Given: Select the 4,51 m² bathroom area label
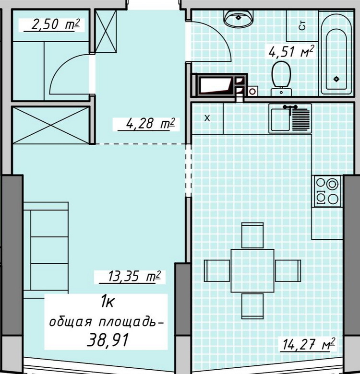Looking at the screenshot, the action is (x=291, y=51).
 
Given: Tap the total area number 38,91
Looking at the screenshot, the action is (x=108, y=339).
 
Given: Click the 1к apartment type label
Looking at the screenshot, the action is (x=108, y=302).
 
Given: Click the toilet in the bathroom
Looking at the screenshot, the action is (x=281, y=78).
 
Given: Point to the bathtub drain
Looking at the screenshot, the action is (x=336, y=79).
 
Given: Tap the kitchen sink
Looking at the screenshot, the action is (x=290, y=118).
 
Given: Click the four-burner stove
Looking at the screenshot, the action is (x=327, y=191).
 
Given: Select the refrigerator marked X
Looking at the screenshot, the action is (x=207, y=118).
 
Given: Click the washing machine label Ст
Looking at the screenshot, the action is (x=302, y=25).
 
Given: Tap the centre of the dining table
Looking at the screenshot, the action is (x=252, y=271).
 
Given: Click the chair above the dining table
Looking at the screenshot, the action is (x=252, y=235).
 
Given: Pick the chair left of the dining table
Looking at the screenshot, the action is (x=217, y=271).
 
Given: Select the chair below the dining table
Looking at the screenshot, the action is (x=252, y=306).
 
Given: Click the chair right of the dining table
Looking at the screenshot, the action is (x=288, y=271).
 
